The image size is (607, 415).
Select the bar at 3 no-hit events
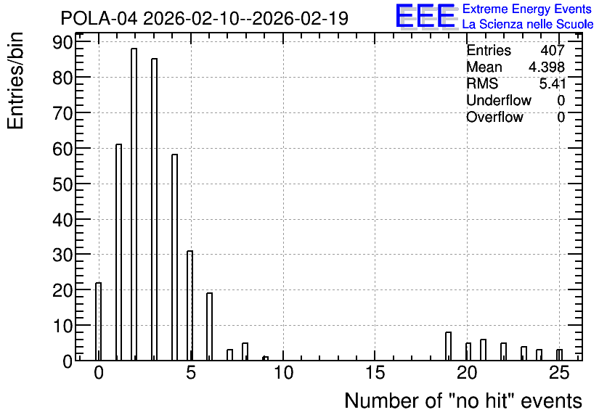(154, 209)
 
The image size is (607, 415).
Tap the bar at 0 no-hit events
(98, 321)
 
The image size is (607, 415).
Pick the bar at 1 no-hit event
(118, 252)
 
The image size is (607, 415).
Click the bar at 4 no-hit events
(174, 258)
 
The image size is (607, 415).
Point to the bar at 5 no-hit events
(190, 305)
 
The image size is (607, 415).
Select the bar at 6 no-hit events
(209, 326)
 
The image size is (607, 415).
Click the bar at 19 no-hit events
(448, 346)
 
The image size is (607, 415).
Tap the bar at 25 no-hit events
(559, 355)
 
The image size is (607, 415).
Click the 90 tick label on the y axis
(62, 42)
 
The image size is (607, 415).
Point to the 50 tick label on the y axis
(62, 184)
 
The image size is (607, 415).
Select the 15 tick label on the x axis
(375, 373)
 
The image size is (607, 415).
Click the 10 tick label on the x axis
(283, 373)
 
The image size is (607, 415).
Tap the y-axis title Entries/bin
(15, 81)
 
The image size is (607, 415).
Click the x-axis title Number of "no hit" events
(463, 400)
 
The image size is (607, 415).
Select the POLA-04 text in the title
(99, 18)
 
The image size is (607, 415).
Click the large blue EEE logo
(425, 16)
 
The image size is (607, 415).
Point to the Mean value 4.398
(546, 67)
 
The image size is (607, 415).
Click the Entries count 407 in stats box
(553, 50)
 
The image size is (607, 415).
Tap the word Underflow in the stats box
(499, 100)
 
